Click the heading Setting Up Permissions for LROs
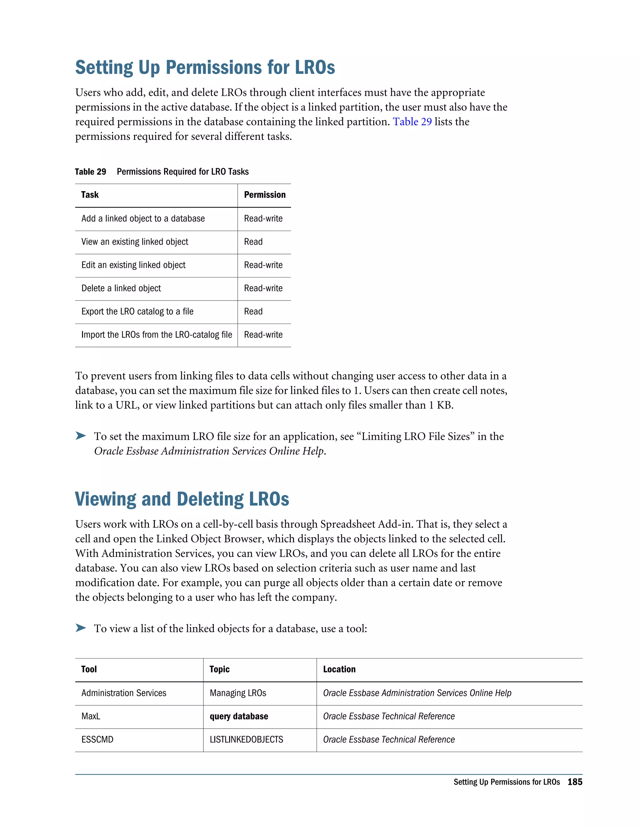(x=205, y=67)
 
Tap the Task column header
(x=90, y=195)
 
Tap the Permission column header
(x=265, y=195)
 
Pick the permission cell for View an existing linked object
(x=253, y=242)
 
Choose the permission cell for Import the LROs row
(x=263, y=335)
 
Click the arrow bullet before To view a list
(x=80, y=628)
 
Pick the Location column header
(x=339, y=669)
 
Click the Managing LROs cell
(x=238, y=692)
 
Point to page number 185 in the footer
(x=575, y=782)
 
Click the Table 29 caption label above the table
(x=90, y=172)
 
